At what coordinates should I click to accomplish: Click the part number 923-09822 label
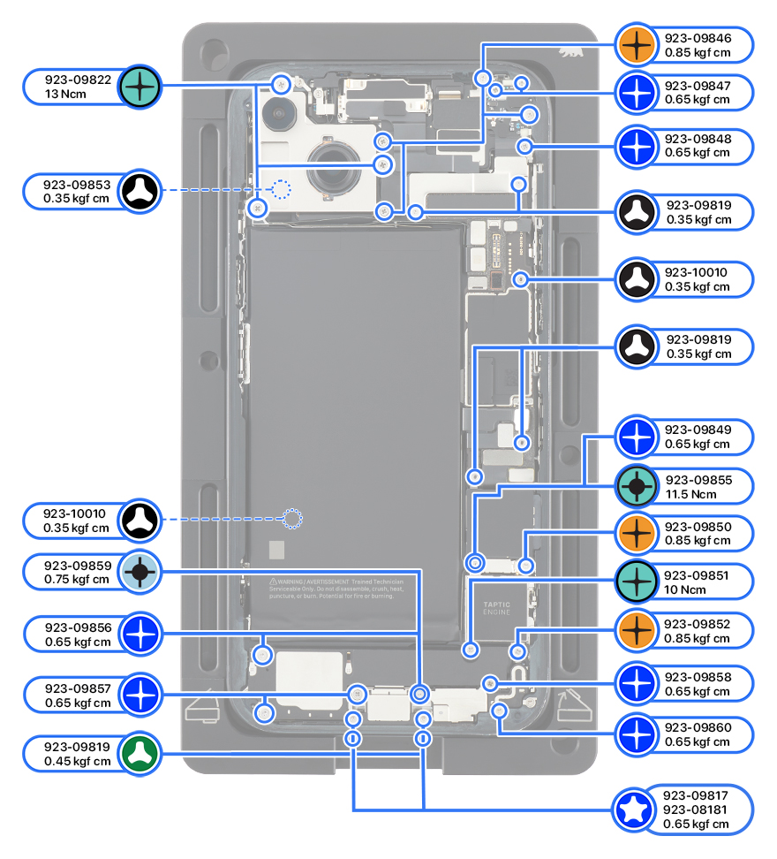79,80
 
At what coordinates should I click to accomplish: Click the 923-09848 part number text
698,139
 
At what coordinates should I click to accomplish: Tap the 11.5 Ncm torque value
698,494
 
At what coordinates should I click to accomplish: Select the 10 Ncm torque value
698,589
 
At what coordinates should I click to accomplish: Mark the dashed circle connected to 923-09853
280,189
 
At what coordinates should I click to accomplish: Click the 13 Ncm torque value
68,93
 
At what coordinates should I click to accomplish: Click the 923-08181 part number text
698,810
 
